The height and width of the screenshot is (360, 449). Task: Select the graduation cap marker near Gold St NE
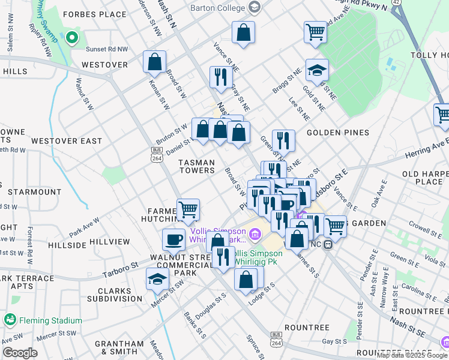(x=317, y=70)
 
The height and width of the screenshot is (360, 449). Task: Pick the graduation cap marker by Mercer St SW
(x=157, y=279)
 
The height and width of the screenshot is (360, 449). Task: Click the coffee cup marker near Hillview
(x=173, y=239)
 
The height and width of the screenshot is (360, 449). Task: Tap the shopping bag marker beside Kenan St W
(x=154, y=61)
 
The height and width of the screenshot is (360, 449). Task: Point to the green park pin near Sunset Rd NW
(x=73, y=38)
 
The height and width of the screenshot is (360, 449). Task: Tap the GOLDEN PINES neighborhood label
(x=332, y=132)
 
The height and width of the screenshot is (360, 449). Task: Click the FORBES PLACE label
(x=85, y=14)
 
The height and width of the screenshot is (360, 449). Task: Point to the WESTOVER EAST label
(x=66, y=141)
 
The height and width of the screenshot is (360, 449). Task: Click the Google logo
(x=20, y=352)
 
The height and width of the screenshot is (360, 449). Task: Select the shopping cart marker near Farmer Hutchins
(x=188, y=209)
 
